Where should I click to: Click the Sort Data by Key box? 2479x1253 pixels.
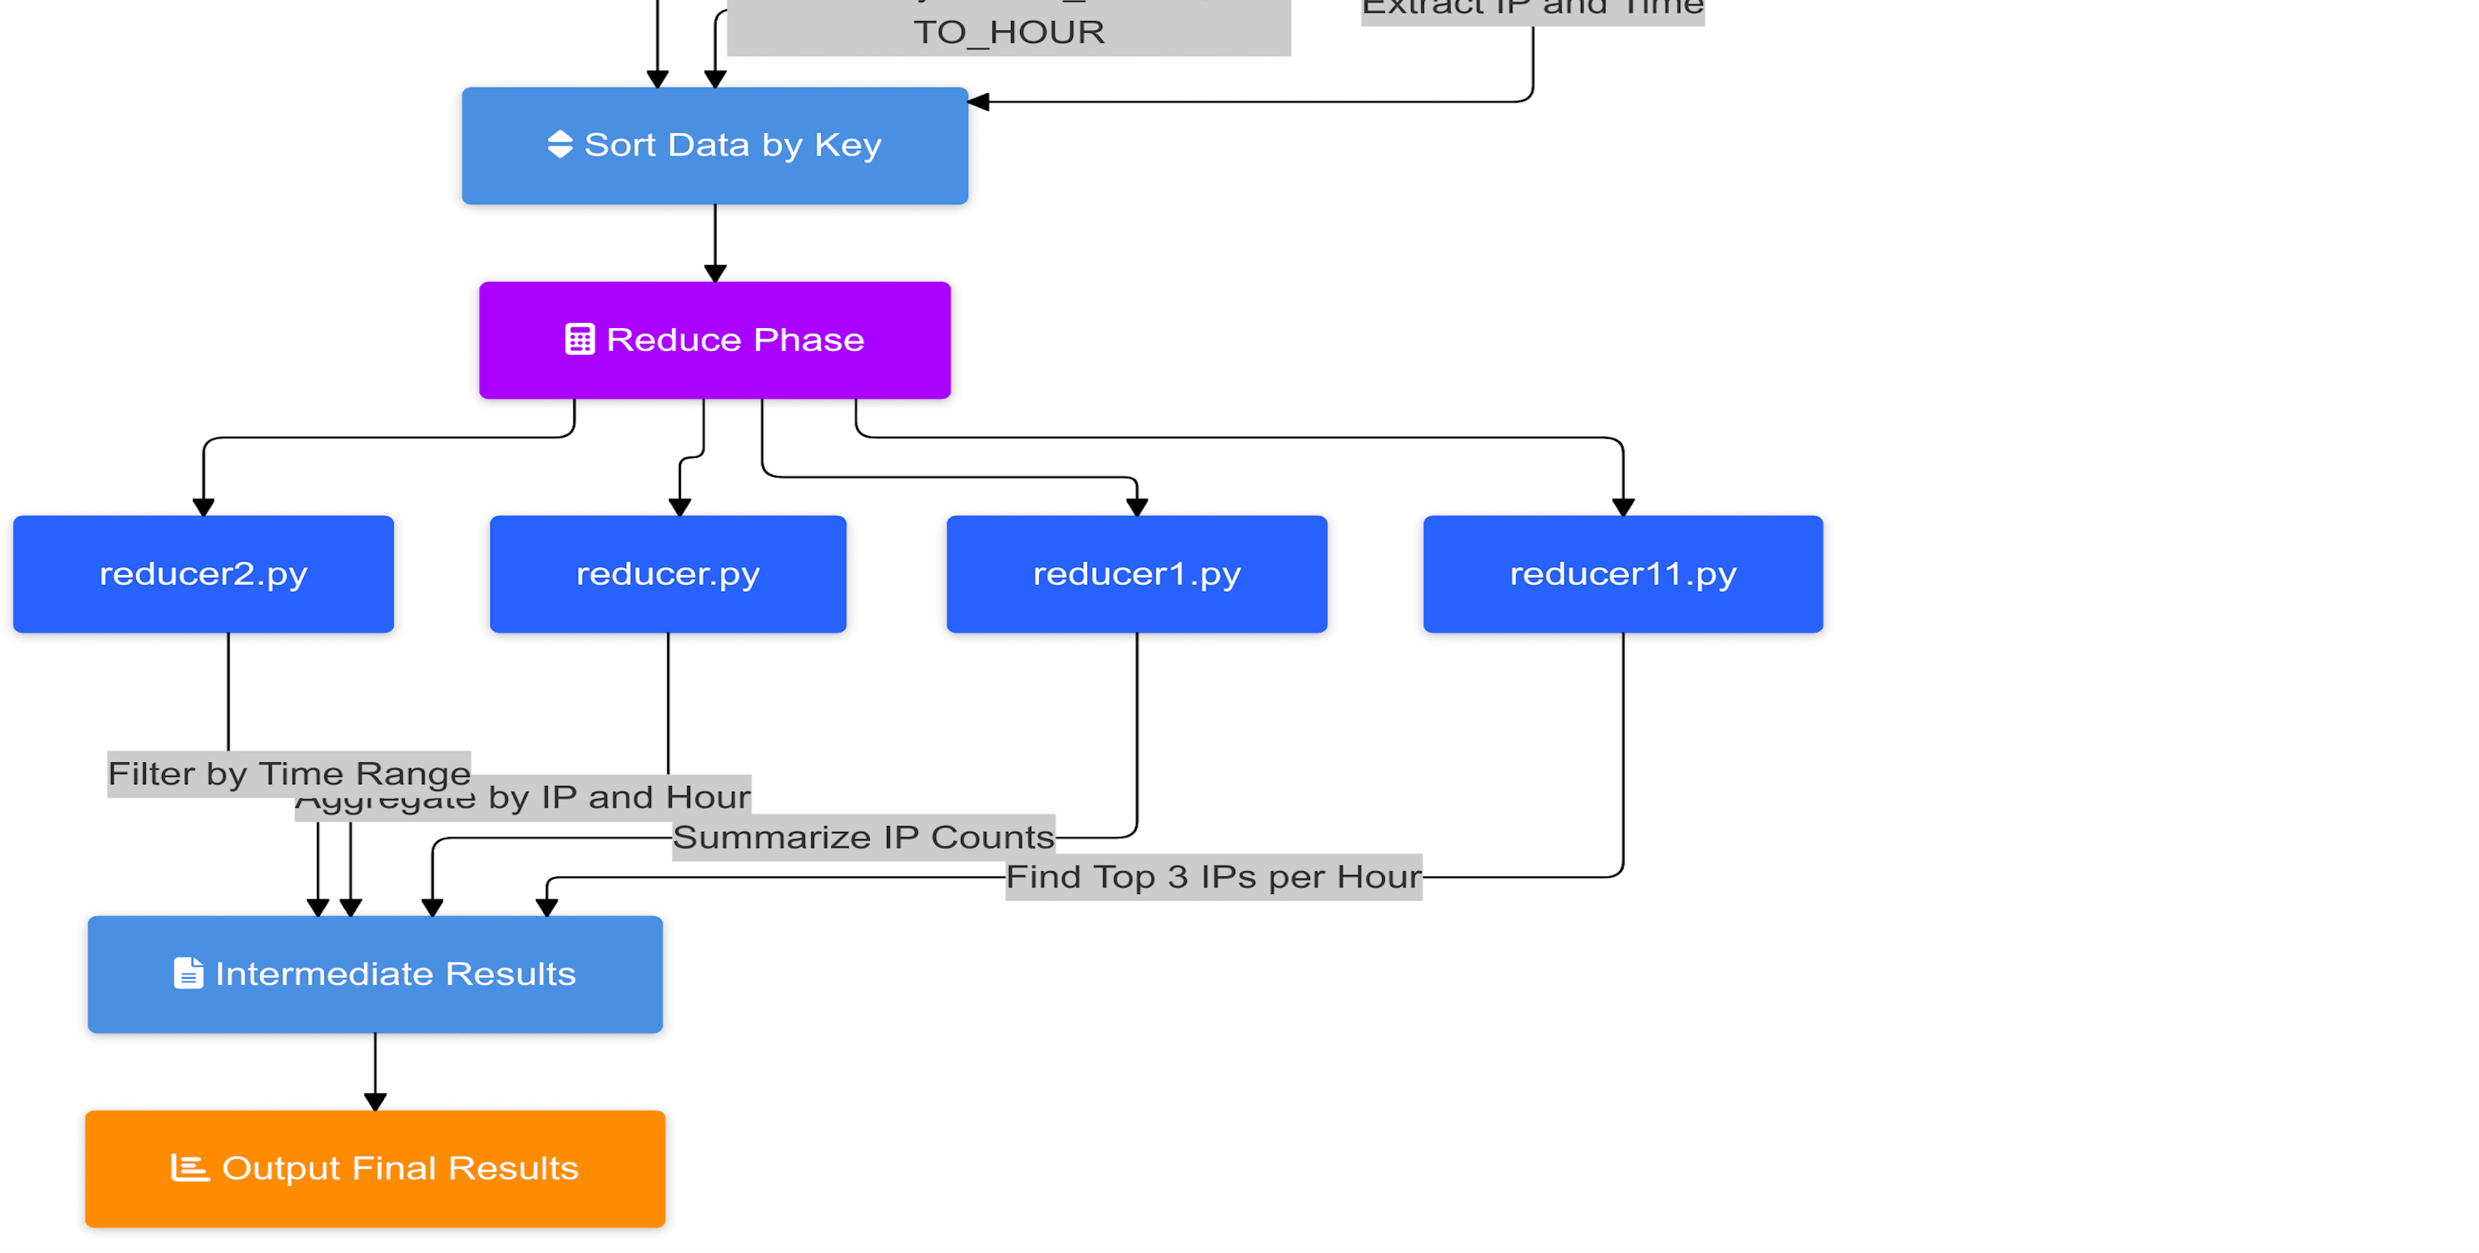coord(714,146)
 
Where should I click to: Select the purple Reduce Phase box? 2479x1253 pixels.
coord(714,340)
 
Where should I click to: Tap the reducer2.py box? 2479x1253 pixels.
coord(203,573)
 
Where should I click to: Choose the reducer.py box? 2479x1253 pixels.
coord(667,573)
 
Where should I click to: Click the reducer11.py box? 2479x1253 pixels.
coord(1622,573)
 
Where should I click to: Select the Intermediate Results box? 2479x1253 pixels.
coord(375,974)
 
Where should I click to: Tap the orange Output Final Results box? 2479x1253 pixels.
coord(375,1168)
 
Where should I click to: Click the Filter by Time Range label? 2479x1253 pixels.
coord(289,773)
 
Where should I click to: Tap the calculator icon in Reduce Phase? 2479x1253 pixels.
coord(579,340)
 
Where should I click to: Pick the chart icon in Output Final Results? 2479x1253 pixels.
coord(189,1167)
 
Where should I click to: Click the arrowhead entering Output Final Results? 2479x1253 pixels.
coord(375,1101)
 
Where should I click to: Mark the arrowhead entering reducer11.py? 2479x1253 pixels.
coord(1622,506)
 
